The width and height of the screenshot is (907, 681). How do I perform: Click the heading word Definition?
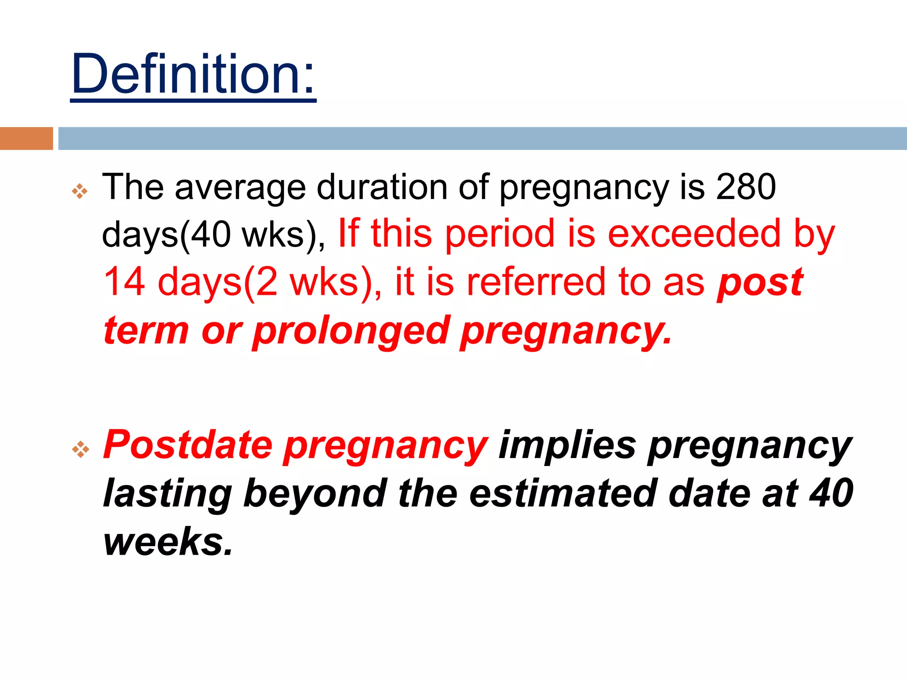tap(193, 74)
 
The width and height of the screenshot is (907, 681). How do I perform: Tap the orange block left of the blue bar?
tap(26, 139)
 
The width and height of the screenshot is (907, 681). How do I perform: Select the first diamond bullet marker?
tap(80, 192)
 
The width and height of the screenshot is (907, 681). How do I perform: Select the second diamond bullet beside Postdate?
tap(80, 449)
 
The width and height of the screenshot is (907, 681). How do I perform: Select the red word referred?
tap(536, 282)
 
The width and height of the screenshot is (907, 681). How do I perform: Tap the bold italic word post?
tap(760, 283)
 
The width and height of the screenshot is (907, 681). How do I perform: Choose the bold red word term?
tap(146, 331)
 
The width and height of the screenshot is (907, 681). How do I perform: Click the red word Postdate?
tap(188, 445)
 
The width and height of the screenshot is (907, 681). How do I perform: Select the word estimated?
tap(562, 494)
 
